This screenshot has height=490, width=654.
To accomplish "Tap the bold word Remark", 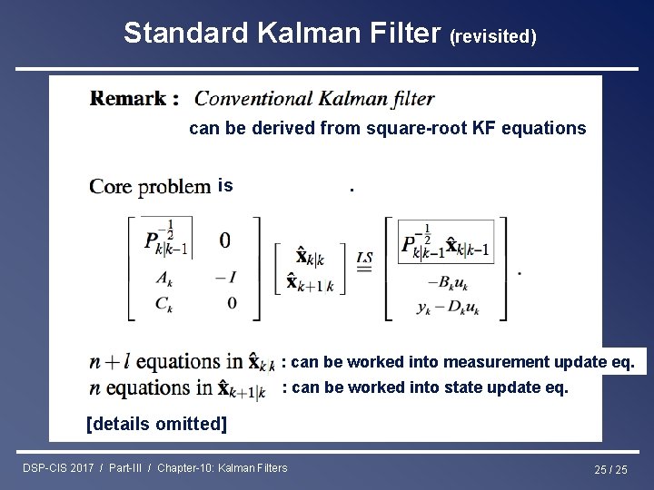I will pos(134,98).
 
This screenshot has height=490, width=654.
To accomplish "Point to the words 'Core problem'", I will pos(150,187).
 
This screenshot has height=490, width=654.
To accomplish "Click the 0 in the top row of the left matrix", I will pos(224,240).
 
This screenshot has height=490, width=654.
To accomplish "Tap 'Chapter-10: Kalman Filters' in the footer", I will pos(223,468).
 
